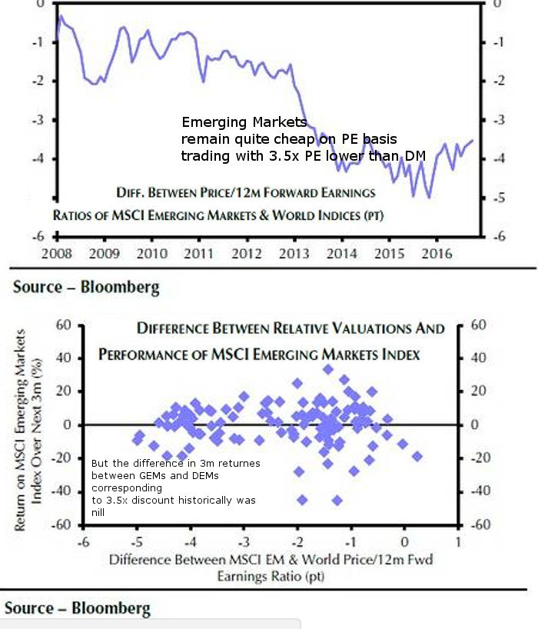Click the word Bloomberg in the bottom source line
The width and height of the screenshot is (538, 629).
[x=111, y=608]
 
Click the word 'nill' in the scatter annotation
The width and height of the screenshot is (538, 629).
[x=99, y=511]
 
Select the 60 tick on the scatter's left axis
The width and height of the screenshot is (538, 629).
[x=64, y=325]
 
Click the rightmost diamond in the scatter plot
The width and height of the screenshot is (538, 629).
[x=417, y=456]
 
